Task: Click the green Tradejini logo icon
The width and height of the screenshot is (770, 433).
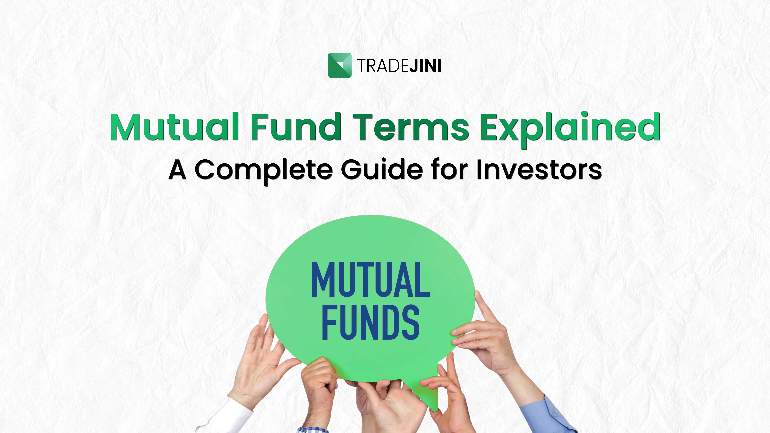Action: tap(340, 65)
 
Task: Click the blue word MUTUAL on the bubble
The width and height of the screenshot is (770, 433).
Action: tap(371, 279)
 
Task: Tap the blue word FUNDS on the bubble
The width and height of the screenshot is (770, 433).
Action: tap(371, 322)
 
